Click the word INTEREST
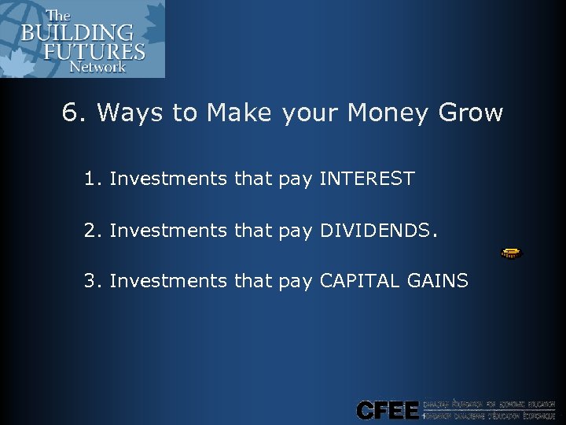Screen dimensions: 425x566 tap(366, 179)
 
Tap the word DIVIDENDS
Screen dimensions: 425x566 tap(375, 230)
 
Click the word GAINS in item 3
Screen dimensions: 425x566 tap(440, 280)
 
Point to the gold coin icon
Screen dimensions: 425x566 tap(512, 253)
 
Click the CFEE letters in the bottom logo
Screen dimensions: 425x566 tap(388, 409)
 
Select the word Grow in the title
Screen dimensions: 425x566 tap(470, 113)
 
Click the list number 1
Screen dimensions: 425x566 tap(90, 179)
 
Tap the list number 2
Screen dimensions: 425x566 tap(90, 230)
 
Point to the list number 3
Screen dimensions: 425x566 tap(90, 280)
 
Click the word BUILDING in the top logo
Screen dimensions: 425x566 tap(76, 34)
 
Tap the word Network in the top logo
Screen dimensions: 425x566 tap(97, 67)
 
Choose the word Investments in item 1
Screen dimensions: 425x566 tap(168, 179)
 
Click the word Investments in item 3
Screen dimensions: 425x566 tap(168, 280)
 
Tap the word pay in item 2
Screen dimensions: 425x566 tap(295, 231)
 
